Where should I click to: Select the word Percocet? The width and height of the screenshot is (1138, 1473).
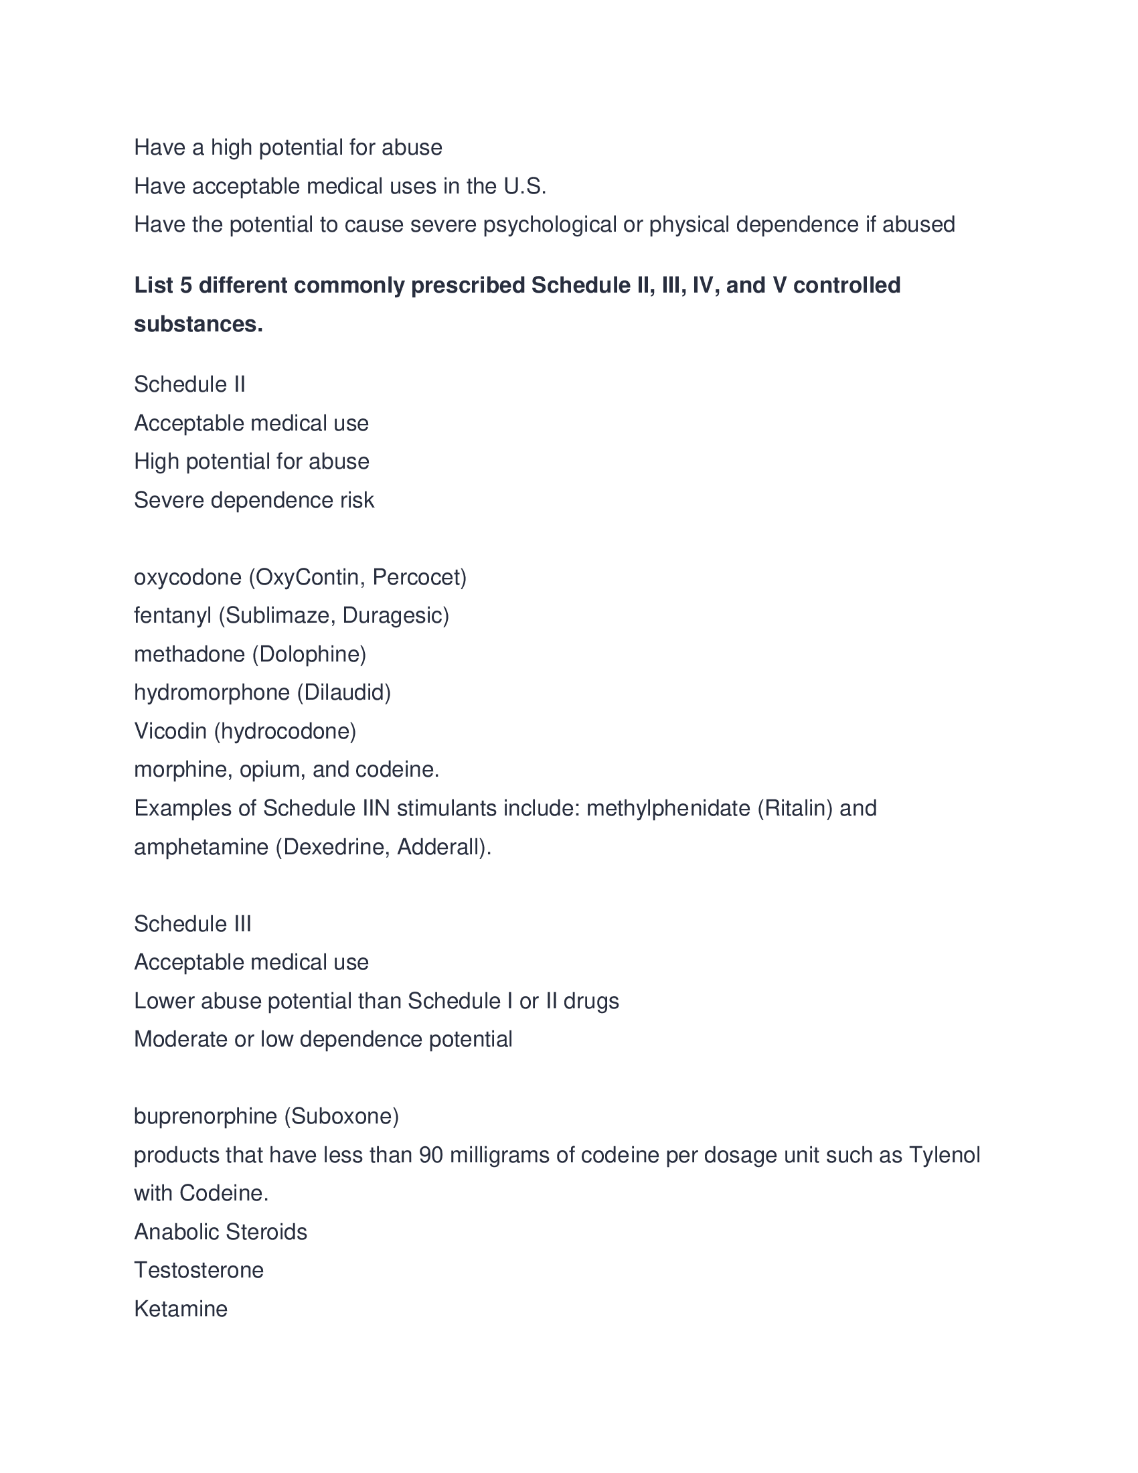(x=418, y=577)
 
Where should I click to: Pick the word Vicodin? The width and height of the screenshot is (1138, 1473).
(x=170, y=731)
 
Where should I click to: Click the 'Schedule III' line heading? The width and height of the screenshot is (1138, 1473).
(x=192, y=924)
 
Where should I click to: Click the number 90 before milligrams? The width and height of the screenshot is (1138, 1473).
(x=431, y=1156)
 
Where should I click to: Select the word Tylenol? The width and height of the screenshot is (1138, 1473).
(x=944, y=1156)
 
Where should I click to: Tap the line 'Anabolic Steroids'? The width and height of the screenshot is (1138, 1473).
(x=220, y=1232)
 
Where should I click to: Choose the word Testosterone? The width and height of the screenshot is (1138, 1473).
(x=199, y=1271)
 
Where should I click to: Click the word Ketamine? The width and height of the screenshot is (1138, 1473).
(x=181, y=1309)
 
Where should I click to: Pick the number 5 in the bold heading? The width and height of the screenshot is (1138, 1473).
(x=185, y=286)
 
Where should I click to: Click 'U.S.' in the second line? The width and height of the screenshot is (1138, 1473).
(x=525, y=186)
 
